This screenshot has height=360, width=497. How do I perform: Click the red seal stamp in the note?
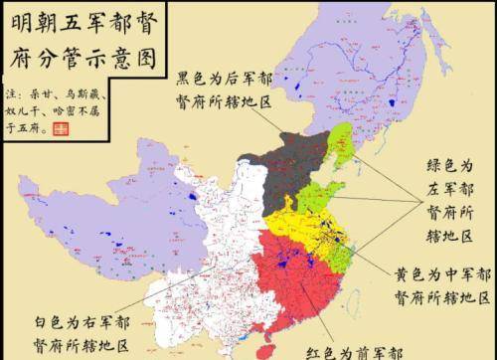tap(62, 129)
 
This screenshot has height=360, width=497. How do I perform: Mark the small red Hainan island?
tap(263, 351)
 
